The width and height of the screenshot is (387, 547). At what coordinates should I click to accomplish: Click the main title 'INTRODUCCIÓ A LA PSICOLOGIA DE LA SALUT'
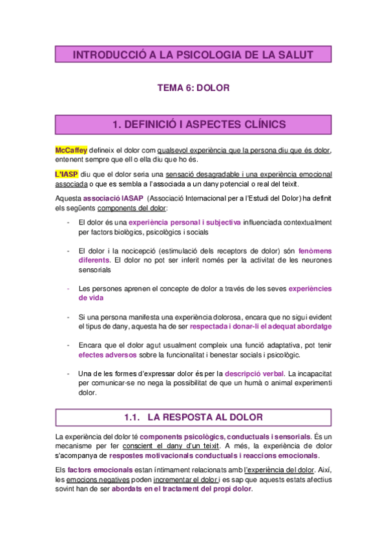[x=193, y=55]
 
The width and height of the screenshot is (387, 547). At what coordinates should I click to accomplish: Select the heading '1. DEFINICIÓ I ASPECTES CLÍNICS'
[x=193, y=123]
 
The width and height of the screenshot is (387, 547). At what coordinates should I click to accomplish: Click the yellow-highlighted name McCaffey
[x=71, y=150]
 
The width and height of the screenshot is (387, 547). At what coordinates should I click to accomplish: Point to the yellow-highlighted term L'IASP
[x=67, y=175]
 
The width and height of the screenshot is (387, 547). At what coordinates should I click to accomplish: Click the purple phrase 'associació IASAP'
[x=114, y=199]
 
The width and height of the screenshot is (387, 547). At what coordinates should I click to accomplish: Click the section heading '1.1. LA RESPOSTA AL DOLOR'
[x=193, y=417]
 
